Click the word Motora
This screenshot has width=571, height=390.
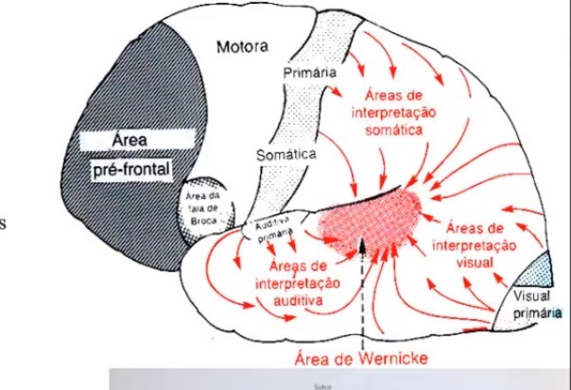[243, 46]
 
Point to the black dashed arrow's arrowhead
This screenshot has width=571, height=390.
[363, 243]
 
